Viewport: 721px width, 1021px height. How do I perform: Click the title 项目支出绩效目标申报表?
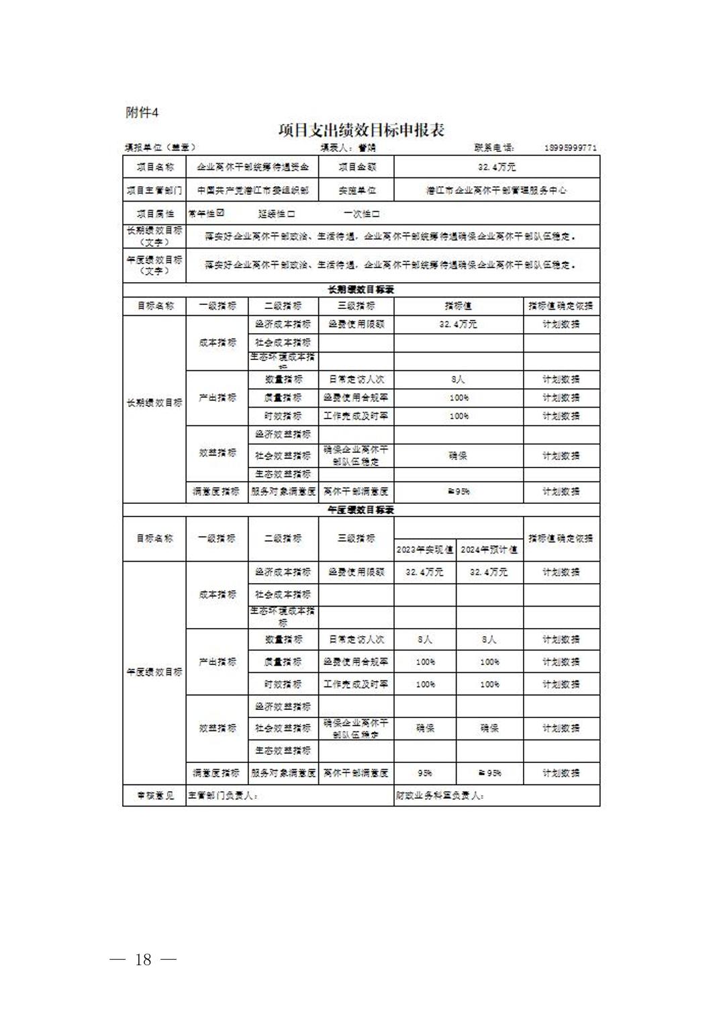pyautogui.click(x=361, y=130)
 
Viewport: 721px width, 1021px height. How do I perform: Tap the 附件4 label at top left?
pyautogui.click(x=142, y=113)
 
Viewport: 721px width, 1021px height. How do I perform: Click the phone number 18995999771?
pyautogui.click(x=570, y=148)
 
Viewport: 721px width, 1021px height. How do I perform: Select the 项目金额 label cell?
pyautogui.click(x=356, y=167)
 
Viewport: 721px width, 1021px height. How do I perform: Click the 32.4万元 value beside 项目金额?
pyautogui.click(x=497, y=167)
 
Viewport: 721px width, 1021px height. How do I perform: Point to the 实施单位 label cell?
pyautogui.click(x=356, y=190)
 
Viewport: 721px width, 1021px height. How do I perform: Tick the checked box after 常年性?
pyautogui.click(x=220, y=214)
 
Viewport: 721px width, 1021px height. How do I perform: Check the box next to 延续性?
pyautogui.click(x=291, y=214)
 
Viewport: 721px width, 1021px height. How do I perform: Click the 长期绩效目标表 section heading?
pyautogui.click(x=360, y=290)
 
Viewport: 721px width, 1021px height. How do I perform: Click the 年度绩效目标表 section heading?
pyautogui.click(x=360, y=510)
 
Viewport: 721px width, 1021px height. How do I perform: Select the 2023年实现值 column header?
pyautogui.click(x=424, y=549)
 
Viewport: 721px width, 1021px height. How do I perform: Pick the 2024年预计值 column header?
pyautogui.click(x=489, y=549)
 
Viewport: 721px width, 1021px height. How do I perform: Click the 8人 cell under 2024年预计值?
pyautogui.click(x=489, y=639)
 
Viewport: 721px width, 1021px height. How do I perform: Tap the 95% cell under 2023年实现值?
pyautogui.click(x=424, y=773)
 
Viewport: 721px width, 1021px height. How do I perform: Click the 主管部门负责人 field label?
pyautogui.click(x=223, y=795)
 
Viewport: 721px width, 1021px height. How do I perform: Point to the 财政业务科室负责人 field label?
pyautogui.click(x=440, y=795)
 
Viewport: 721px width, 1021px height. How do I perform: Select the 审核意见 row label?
pyautogui.click(x=154, y=795)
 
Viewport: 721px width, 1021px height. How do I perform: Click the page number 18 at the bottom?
pyautogui.click(x=143, y=959)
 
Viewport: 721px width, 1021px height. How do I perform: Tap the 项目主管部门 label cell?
pyautogui.click(x=154, y=190)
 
